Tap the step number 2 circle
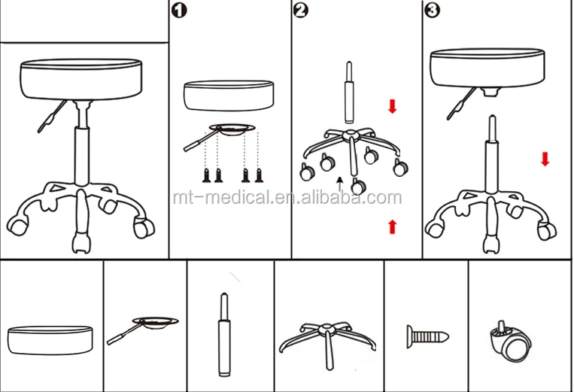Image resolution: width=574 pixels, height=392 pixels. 301,11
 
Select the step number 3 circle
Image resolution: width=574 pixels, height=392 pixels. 432,11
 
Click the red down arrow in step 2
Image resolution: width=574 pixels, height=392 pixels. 392,106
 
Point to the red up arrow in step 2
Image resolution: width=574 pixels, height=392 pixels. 392,226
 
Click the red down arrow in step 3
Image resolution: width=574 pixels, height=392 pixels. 545,159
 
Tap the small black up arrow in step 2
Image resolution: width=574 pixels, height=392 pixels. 340,181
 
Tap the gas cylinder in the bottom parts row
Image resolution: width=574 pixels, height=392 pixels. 222,335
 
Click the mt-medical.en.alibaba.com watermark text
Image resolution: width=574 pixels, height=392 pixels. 287,198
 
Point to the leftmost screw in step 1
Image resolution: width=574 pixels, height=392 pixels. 208,175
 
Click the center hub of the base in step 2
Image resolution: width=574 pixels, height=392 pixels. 348,135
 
